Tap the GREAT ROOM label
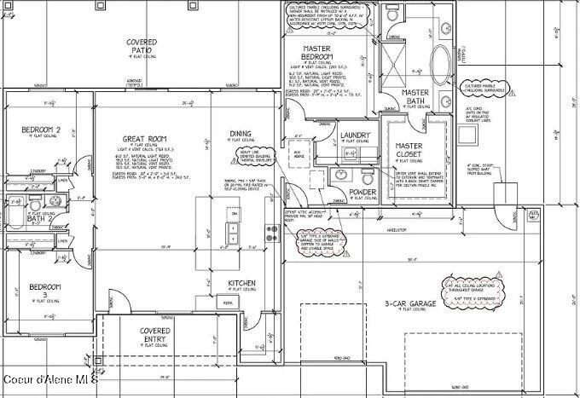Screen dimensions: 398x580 point(143,138)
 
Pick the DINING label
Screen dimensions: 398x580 point(241,134)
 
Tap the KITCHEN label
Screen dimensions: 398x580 point(242,283)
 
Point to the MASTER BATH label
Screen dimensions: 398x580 point(415,96)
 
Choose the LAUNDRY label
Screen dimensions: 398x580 point(354,136)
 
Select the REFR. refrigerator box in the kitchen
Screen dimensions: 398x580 point(228,303)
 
